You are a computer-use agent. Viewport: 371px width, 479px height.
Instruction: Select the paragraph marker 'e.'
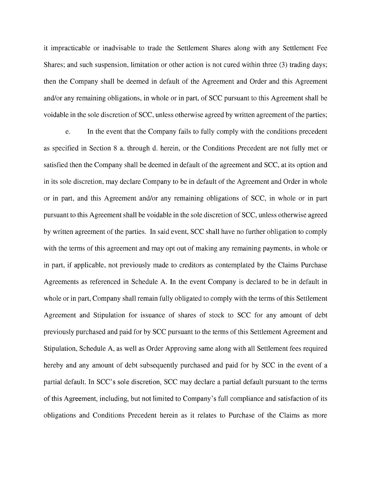point(67,132)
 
